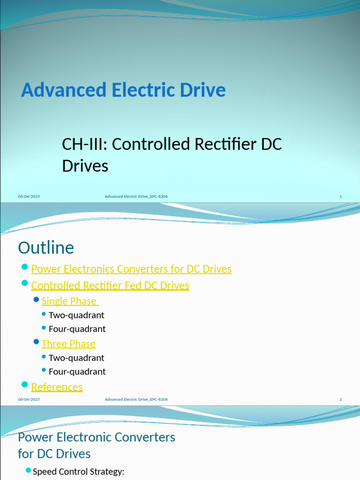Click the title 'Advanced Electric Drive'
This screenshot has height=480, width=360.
pyautogui.click(x=123, y=90)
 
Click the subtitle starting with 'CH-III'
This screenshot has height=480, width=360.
pyautogui.click(x=172, y=155)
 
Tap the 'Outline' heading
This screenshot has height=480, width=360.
pyautogui.click(x=46, y=247)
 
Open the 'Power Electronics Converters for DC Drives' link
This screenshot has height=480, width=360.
pyautogui.click(x=131, y=269)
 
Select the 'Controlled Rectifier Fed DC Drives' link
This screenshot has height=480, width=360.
pyautogui.click(x=110, y=285)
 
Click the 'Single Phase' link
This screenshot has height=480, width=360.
pyautogui.click(x=69, y=301)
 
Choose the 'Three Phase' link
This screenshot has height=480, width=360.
pyautogui.click(x=68, y=344)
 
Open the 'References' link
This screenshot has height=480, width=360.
pyautogui.click(x=57, y=387)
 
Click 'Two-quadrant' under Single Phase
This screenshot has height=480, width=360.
pyautogui.click(x=76, y=315)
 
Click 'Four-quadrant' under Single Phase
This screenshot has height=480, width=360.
pyautogui.click(x=77, y=329)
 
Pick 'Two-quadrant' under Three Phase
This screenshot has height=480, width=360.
pyautogui.click(x=76, y=358)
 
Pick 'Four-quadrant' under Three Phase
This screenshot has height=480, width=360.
pyautogui.click(x=77, y=371)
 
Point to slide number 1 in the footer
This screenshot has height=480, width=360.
pyautogui.click(x=341, y=196)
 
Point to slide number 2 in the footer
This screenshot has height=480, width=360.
pyautogui.click(x=341, y=399)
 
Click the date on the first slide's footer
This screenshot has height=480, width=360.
pyautogui.click(x=29, y=196)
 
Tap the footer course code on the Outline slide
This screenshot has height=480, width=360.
pyautogui.click(x=136, y=399)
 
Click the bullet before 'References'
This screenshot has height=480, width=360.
pyautogui.click(x=25, y=385)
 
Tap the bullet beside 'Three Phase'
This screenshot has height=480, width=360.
pyautogui.click(x=36, y=342)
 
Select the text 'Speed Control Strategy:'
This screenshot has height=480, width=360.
pyautogui.click(x=78, y=472)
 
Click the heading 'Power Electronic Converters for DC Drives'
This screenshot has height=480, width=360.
pyautogui.click(x=96, y=445)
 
